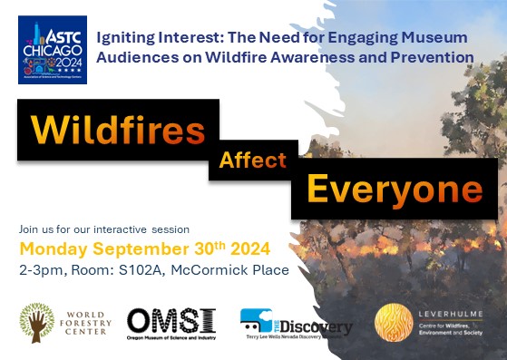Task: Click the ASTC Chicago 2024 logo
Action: click(53, 51)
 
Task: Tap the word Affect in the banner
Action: click(252, 161)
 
